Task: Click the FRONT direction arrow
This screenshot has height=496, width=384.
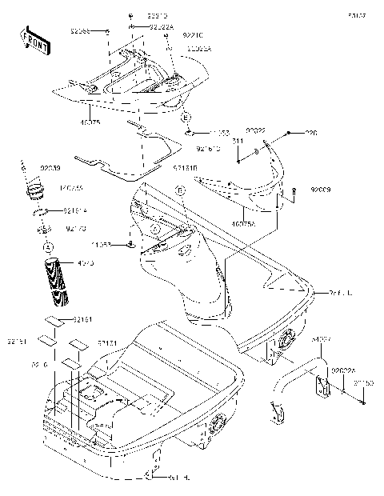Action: click(31, 38)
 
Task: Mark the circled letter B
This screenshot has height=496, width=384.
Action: click(181, 190)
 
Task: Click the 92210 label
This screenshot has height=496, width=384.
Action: click(192, 35)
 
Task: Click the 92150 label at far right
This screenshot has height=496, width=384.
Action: click(365, 384)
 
